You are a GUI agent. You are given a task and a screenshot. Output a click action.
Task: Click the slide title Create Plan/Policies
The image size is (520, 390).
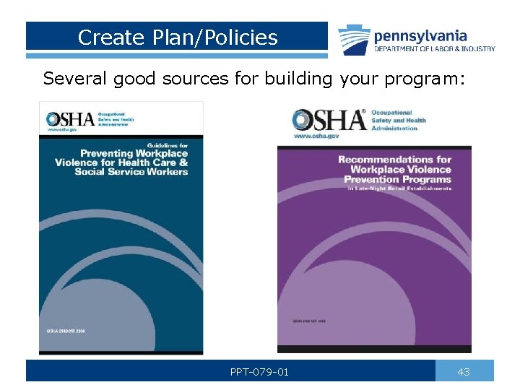coord(178,38)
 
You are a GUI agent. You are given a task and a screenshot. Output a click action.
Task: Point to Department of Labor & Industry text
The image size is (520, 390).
coord(434,49)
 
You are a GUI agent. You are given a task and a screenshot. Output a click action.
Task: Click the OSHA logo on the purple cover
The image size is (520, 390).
coord(329,119)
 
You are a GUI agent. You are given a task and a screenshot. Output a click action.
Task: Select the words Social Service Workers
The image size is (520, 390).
coord(131,172)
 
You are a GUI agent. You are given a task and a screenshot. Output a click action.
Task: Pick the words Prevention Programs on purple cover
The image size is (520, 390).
coord(397,178)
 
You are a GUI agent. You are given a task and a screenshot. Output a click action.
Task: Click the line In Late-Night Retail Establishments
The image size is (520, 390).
coord(399,188)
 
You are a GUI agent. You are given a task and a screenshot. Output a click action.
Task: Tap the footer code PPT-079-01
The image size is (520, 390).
coord(259,372)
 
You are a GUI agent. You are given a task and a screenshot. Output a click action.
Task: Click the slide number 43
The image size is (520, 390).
coord(464,372)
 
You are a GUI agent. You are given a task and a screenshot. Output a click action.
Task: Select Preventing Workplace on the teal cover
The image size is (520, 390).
coord(134,153)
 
